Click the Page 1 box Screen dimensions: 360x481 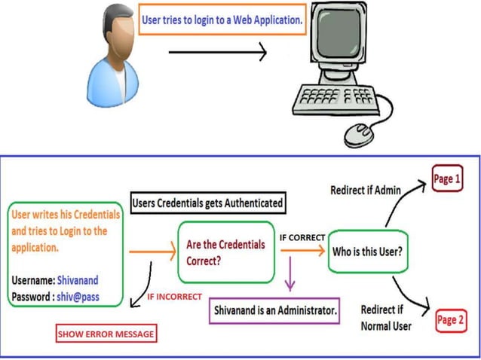tap(446, 178)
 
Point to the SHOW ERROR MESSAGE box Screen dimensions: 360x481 tap(105, 334)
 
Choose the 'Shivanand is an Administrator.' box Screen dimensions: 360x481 tap(275, 309)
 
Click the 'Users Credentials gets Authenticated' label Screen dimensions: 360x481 tap(207, 203)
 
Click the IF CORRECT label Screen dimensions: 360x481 tap(302, 237)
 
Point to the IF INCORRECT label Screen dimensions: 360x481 tap(174, 297)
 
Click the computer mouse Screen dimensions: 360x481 tap(360, 133)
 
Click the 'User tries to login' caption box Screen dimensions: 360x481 tap(222, 20)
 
